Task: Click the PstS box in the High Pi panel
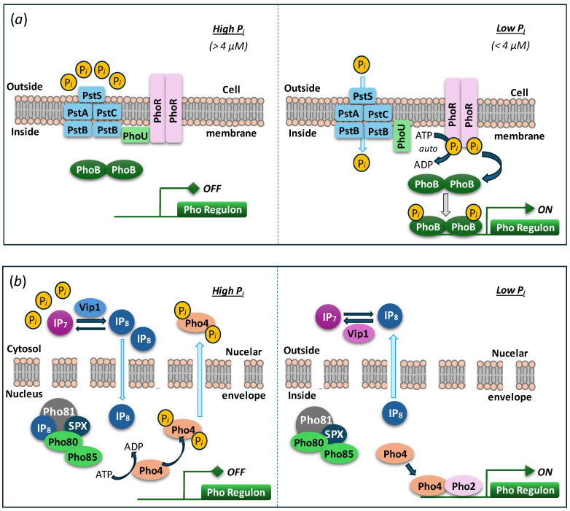coord(92,95)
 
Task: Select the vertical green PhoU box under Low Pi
coord(402,136)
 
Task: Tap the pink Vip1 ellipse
coord(358,333)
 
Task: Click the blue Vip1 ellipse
coord(90,308)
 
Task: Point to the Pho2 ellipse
coord(464,486)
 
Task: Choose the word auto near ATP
coord(428,149)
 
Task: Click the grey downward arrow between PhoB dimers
coord(445,205)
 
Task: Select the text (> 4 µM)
coord(228,46)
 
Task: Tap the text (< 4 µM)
coord(510,45)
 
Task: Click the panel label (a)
coord(18,19)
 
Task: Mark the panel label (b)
coord(17,281)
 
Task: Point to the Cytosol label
coord(24,349)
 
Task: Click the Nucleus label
coord(24,394)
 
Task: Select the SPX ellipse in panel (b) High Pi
coord(77,426)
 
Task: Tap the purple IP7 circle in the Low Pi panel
coord(329,317)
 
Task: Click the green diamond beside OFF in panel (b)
coord(217,472)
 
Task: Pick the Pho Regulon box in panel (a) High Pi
coord(212,209)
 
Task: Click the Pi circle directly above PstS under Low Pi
coord(362,66)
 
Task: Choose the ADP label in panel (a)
coord(423,165)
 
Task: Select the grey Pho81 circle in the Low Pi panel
coord(313,421)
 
